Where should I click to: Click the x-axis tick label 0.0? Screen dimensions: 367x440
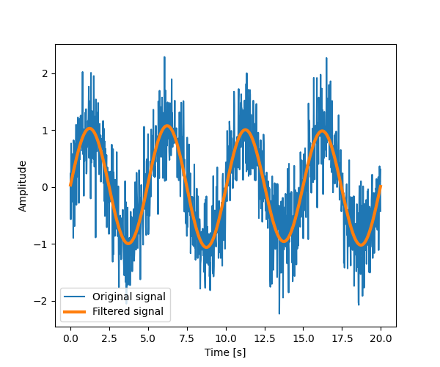(x=70, y=338)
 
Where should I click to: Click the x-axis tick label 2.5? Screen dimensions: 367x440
(x=109, y=338)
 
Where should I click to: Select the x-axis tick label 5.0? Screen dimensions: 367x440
(x=148, y=338)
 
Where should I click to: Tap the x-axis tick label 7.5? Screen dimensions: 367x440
(x=187, y=338)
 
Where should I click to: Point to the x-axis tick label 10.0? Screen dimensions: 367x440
(x=226, y=338)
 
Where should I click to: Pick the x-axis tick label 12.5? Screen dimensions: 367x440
(x=265, y=338)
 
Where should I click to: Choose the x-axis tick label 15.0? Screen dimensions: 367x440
(x=304, y=338)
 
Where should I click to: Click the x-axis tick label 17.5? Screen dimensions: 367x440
(x=342, y=338)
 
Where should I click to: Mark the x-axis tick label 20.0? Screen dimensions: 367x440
(x=381, y=338)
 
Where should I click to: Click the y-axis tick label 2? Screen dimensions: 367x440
(x=45, y=73)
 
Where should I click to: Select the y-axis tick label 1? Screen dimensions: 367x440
(x=45, y=131)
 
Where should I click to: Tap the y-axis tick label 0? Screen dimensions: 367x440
(x=45, y=187)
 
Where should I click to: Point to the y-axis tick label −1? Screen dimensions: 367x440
(x=42, y=244)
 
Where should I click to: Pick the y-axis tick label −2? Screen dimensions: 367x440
(x=42, y=301)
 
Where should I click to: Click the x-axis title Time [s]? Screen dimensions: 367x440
(x=226, y=353)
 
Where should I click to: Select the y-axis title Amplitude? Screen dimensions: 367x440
(x=23, y=186)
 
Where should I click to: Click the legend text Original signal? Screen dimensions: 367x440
(x=128, y=297)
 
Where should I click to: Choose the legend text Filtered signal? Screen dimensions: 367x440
(x=128, y=311)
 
